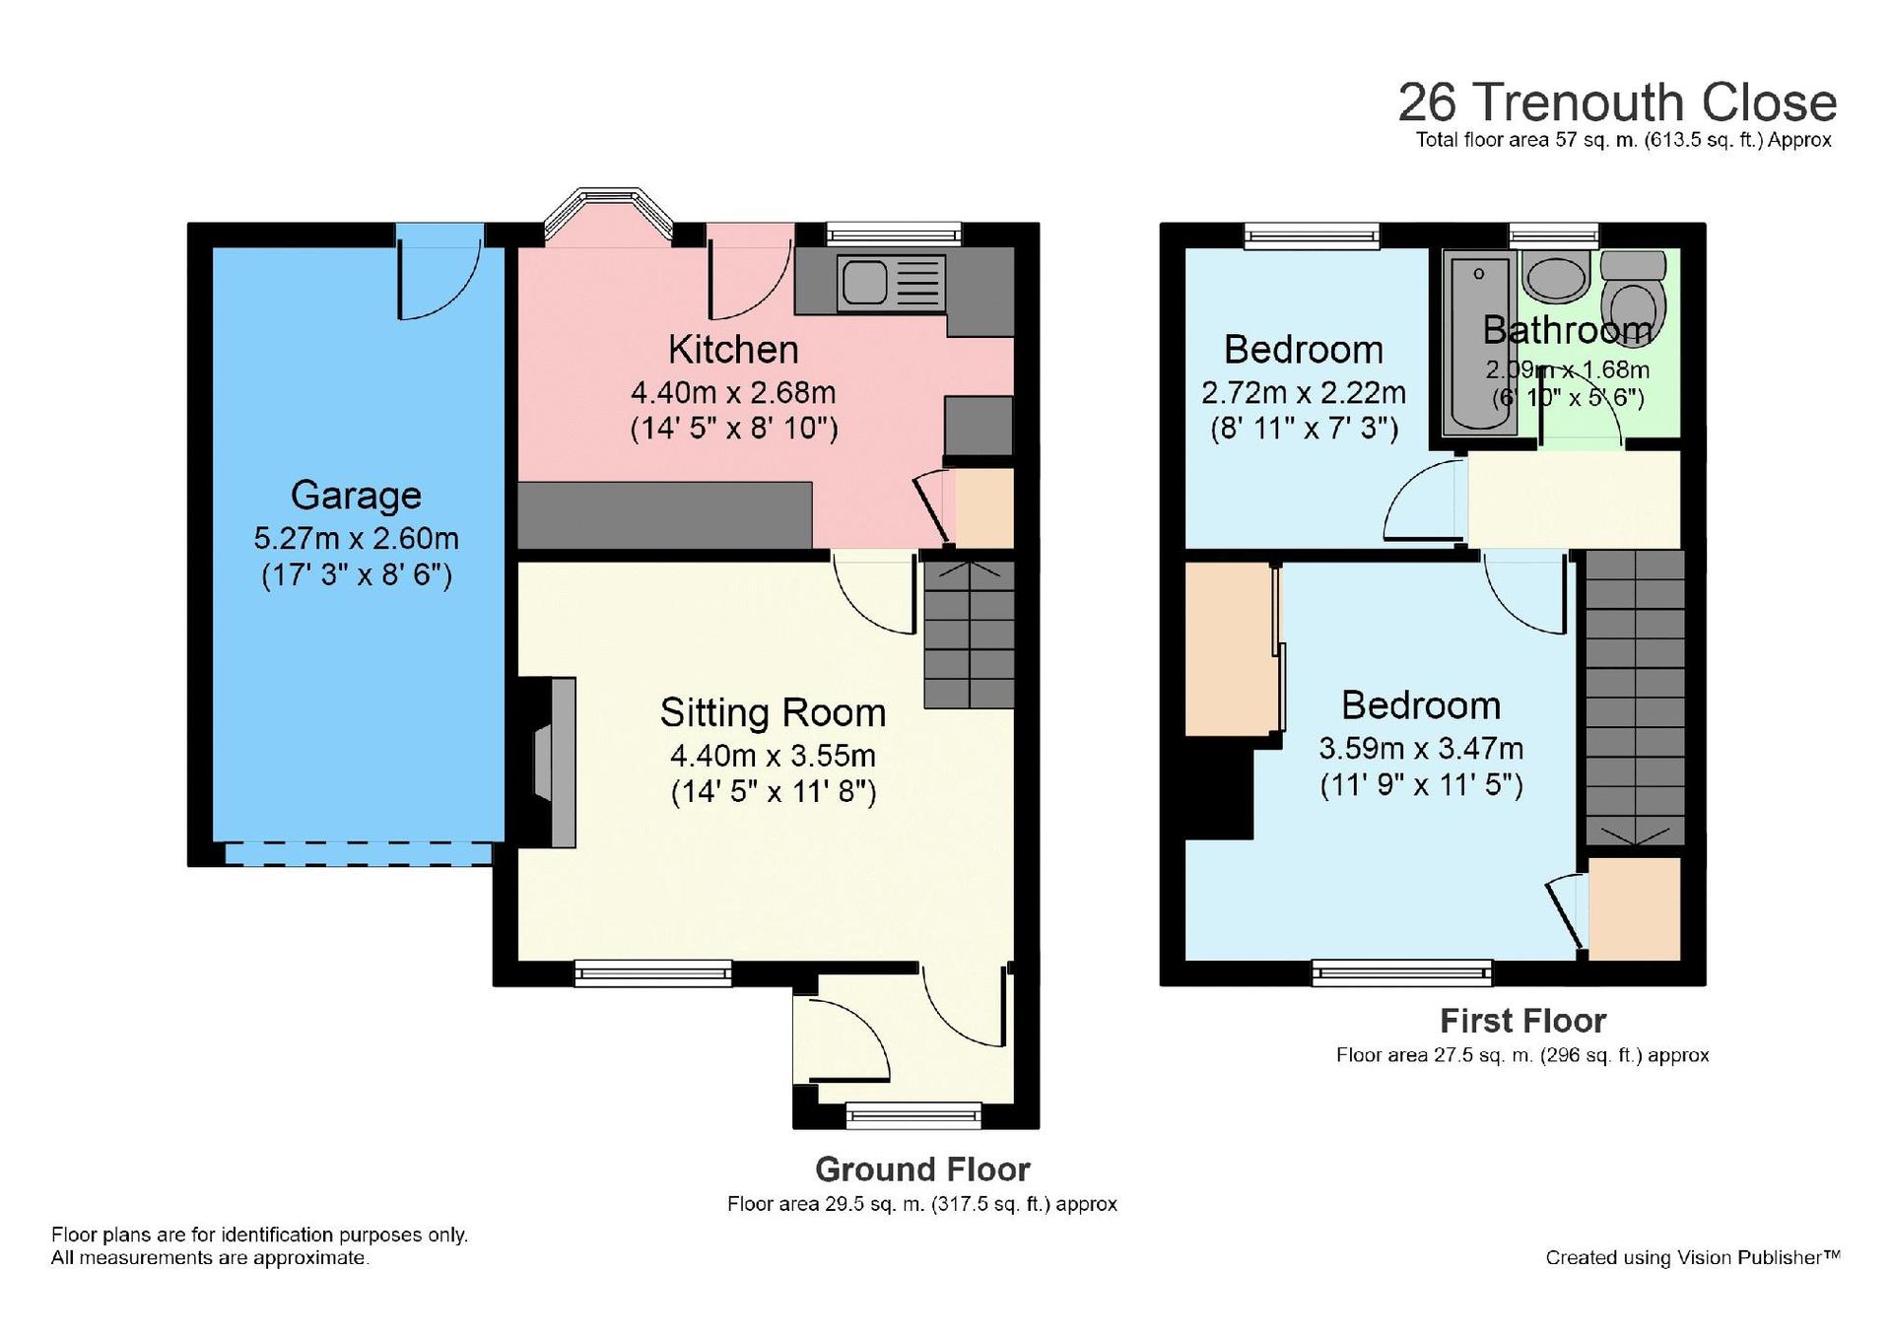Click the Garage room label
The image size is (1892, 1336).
click(356, 496)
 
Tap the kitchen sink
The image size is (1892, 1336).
click(892, 283)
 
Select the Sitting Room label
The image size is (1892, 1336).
click(773, 712)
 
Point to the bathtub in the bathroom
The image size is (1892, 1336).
click(1479, 342)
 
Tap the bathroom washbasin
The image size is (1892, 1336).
click(1556, 275)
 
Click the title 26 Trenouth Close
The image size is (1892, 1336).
click(1617, 102)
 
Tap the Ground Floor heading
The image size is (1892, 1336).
click(922, 1169)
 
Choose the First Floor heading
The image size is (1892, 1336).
click(1522, 1021)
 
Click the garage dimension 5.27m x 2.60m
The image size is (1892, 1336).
click(356, 539)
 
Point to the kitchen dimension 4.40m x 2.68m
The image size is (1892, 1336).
click(733, 393)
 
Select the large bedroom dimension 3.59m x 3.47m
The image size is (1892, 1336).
click(1421, 749)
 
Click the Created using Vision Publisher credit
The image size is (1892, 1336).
click(1692, 1257)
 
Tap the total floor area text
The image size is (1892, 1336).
click(1623, 140)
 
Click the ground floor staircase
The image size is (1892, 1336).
click(970, 635)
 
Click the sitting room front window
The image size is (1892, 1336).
click(653, 973)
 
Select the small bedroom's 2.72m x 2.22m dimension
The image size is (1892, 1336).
click(1303, 393)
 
